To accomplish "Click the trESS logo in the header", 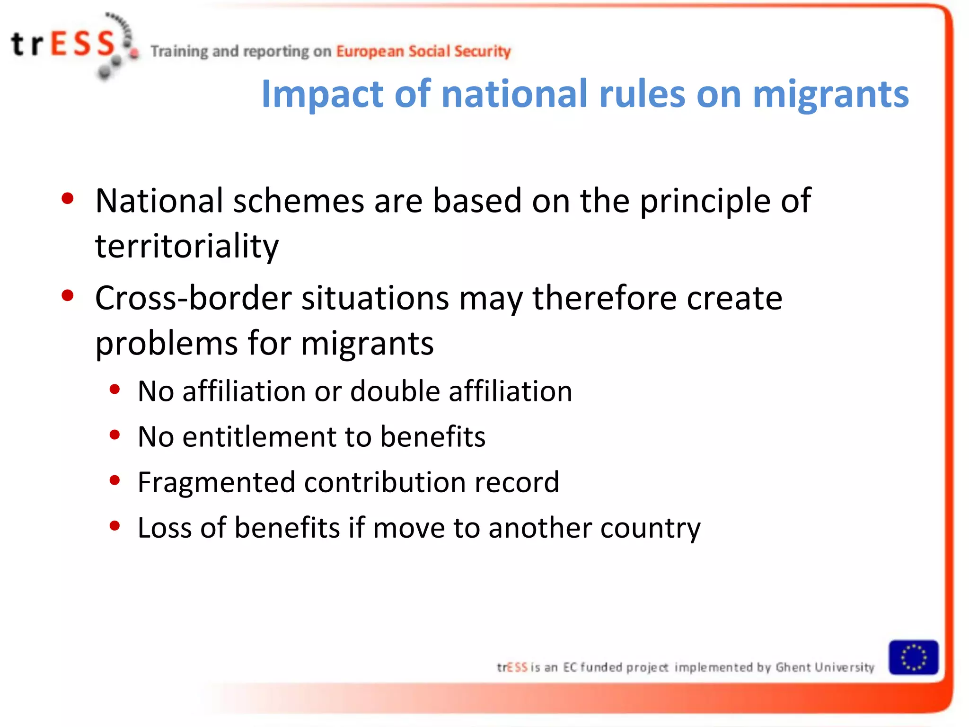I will point(71,45).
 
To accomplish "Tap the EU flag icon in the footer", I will point(913,657).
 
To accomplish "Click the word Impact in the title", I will point(322,94).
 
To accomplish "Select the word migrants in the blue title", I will point(830,94).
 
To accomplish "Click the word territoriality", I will point(187,246).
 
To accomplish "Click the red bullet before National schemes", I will point(68,198).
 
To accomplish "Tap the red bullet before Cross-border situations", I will point(68,296).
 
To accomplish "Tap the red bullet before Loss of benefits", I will point(115,526).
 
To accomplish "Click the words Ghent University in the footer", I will point(825,667).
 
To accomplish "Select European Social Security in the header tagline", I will point(423,51).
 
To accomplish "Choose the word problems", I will point(166,344).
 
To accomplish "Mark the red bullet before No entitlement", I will point(115,434).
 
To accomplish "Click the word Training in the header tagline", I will point(179,51).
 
